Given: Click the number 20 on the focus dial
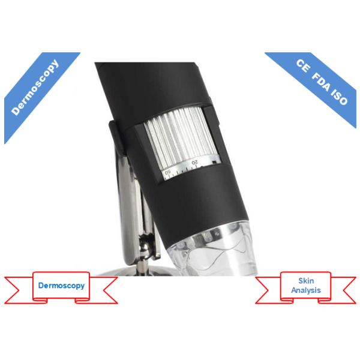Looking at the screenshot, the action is coord(194,163).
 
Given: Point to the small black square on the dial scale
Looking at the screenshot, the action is coord(215,163).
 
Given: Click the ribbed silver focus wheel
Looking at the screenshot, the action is coord(180,138).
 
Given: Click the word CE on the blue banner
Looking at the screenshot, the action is coord(304,66).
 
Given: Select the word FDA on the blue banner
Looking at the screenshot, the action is coord(322,83).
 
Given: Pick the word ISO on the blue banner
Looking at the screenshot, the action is coord(340,98).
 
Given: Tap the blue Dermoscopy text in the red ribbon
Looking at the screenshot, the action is coord(61,286).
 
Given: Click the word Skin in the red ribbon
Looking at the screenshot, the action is coord(306,281).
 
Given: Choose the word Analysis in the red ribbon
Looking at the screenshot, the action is coord(306,290).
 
